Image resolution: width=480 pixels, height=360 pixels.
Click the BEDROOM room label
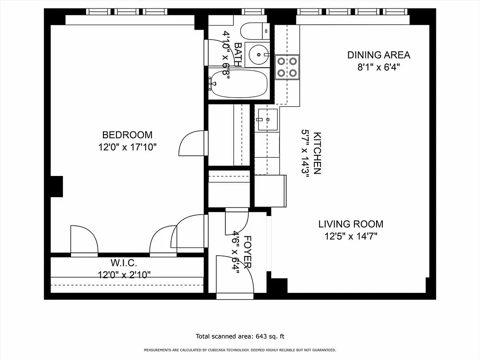click(x=127, y=135)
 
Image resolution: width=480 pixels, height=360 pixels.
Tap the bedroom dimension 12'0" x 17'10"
click(x=127, y=147)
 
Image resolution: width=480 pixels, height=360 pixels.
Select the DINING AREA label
click(x=378, y=55)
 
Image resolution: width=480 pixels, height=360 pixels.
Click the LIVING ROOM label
click(x=351, y=224)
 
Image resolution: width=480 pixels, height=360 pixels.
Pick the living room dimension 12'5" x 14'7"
click(x=351, y=236)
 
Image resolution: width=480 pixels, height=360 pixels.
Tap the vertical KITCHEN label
click(x=317, y=153)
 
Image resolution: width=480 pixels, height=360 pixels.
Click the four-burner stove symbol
click(x=287, y=66)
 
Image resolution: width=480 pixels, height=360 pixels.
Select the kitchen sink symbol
click(x=267, y=120)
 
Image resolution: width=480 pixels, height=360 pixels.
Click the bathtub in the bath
click(x=239, y=84)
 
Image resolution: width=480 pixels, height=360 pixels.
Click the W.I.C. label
click(x=124, y=262)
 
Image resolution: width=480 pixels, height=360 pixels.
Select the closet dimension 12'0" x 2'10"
click(x=124, y=274)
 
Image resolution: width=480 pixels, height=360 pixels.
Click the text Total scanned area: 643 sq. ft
click(x=240, y=336)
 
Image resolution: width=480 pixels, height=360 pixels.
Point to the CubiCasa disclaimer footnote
click(x=240, y=350)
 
